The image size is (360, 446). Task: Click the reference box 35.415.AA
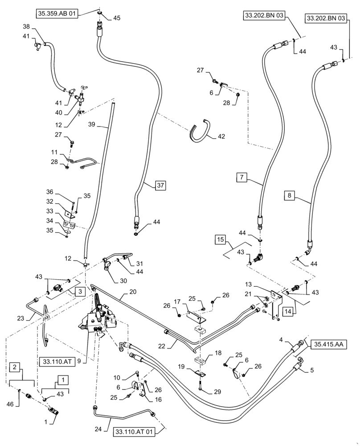click(x=331, y=344)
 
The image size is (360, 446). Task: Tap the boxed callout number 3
click(x=78, y=291)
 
